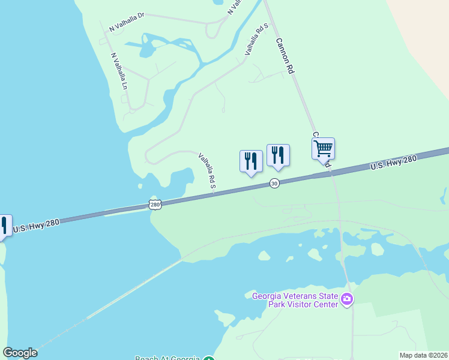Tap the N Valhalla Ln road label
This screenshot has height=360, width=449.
119,71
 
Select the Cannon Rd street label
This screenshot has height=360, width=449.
285,56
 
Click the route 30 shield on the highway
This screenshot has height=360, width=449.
274,183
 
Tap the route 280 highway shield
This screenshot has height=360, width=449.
155,205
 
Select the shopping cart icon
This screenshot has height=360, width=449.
324,148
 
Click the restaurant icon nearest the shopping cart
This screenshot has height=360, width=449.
278,155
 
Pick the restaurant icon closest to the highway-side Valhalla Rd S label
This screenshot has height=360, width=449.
251,161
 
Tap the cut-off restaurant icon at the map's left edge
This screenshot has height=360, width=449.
3,226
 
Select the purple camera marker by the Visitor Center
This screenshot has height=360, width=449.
346,299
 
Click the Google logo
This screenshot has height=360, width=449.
20,353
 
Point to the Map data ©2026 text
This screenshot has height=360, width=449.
423,355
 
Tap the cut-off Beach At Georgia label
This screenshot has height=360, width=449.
167,358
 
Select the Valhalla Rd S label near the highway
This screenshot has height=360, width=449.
207,171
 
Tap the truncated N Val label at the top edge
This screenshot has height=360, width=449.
235,7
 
